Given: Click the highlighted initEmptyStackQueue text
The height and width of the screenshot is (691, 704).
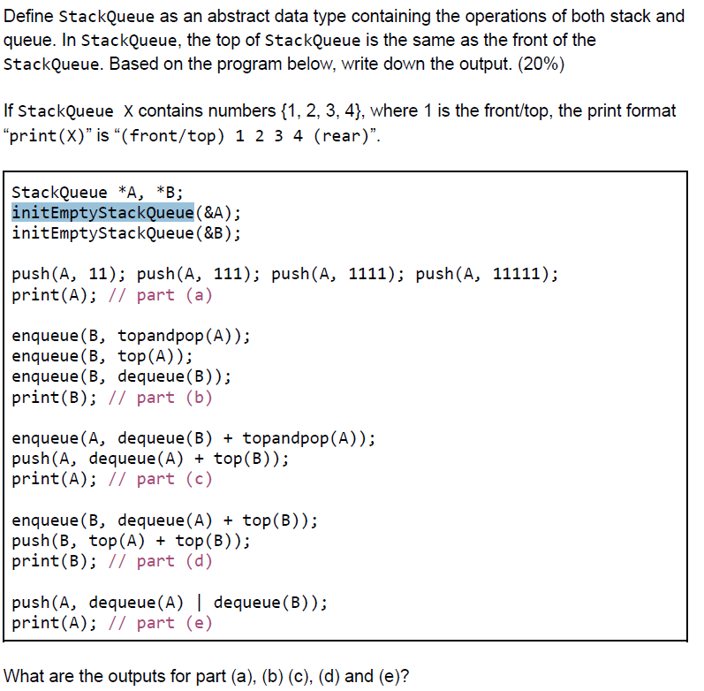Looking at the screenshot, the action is (102, 213).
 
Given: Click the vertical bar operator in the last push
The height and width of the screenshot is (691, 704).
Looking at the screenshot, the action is (199, 604).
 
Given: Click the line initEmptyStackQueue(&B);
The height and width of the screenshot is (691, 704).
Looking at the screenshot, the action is (126, 233).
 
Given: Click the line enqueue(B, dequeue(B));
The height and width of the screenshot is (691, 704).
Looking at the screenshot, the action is (122, 376).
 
